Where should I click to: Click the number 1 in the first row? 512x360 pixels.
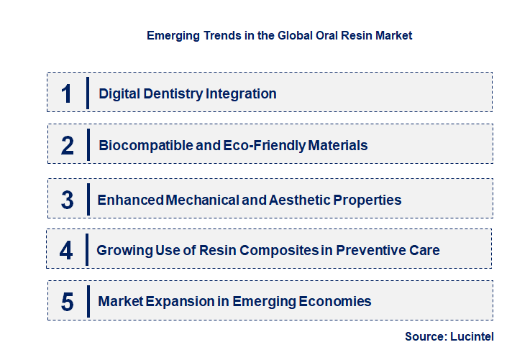pos(67,93)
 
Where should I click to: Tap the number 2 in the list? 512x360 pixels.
pos(68,146)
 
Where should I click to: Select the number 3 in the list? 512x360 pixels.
pos(68,200)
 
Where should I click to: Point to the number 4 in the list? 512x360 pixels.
pos(67,251)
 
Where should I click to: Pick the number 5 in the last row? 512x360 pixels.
pos(68,302)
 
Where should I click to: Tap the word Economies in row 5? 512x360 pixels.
pos(334,302)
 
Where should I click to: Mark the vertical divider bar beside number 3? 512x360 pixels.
pos(87,199)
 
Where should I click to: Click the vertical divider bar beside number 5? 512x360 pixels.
pos(87,301)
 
